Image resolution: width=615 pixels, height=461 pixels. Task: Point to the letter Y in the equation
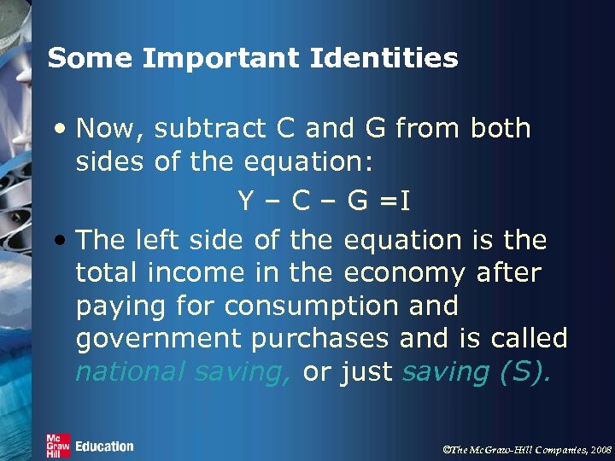(245, 201)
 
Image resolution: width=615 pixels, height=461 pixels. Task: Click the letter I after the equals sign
(405, 201)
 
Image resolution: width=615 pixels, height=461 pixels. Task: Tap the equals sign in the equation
(389, 202)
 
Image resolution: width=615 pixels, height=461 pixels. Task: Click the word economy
(404, 273)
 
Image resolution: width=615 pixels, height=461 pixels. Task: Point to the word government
(158, 339)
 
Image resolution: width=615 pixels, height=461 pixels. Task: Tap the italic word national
(130, 371)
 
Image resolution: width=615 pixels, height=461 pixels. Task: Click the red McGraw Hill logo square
(58, 446)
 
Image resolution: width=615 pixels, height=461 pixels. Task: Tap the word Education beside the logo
(104, 446)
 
